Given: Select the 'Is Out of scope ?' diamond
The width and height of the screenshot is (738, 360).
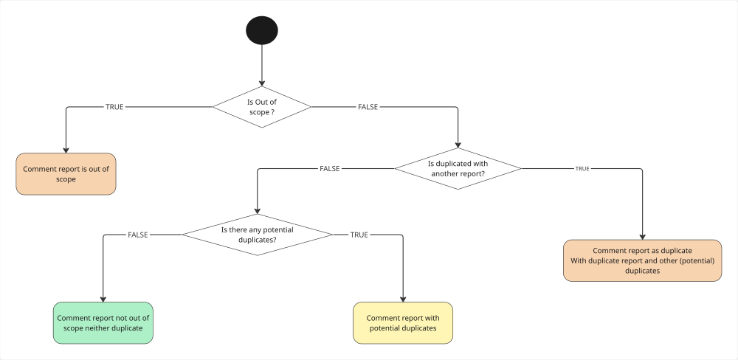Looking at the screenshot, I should point(262,107).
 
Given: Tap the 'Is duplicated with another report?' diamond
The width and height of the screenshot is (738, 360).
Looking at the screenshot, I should point(458,168).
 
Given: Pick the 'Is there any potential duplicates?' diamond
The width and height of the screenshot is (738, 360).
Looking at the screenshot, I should point(257,235).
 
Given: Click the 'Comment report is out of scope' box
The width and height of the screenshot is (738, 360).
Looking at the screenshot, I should point(66,174).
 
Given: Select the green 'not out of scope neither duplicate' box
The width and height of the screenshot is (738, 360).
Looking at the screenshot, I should point(103,322).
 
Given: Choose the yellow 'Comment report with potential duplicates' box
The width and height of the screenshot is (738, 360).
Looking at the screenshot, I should point(403,322).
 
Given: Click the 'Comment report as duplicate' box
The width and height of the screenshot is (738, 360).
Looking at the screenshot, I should point(642,260).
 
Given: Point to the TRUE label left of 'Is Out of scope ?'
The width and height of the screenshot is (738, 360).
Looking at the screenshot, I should point(114,107).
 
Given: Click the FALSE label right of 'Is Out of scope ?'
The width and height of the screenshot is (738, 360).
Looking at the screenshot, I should point(368,107).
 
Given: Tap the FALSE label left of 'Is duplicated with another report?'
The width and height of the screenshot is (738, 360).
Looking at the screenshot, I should point(329,168).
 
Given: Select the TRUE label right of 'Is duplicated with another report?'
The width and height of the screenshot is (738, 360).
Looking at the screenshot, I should point(582,169).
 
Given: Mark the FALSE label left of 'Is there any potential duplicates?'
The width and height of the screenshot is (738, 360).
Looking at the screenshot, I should point(138,235).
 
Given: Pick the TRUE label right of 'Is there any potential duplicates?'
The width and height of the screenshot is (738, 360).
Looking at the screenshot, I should point(359,235).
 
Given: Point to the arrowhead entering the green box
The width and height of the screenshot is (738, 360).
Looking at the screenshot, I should point(103,298).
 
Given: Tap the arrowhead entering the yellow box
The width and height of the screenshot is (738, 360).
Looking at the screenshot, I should point(403,298).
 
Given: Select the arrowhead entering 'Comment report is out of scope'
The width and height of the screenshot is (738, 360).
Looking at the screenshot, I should point(66,150).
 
